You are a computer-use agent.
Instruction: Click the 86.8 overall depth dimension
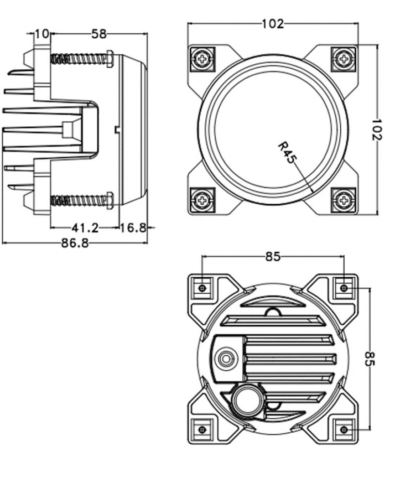75,243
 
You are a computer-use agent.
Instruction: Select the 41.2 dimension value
85,228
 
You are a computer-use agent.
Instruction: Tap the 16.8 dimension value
133,228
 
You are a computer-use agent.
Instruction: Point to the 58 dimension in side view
99,34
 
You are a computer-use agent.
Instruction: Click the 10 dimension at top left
41,34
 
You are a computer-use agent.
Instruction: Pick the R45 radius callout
287,152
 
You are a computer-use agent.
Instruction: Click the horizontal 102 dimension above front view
273,24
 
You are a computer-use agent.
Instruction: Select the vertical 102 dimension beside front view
377,130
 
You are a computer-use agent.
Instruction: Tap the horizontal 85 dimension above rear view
273,256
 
